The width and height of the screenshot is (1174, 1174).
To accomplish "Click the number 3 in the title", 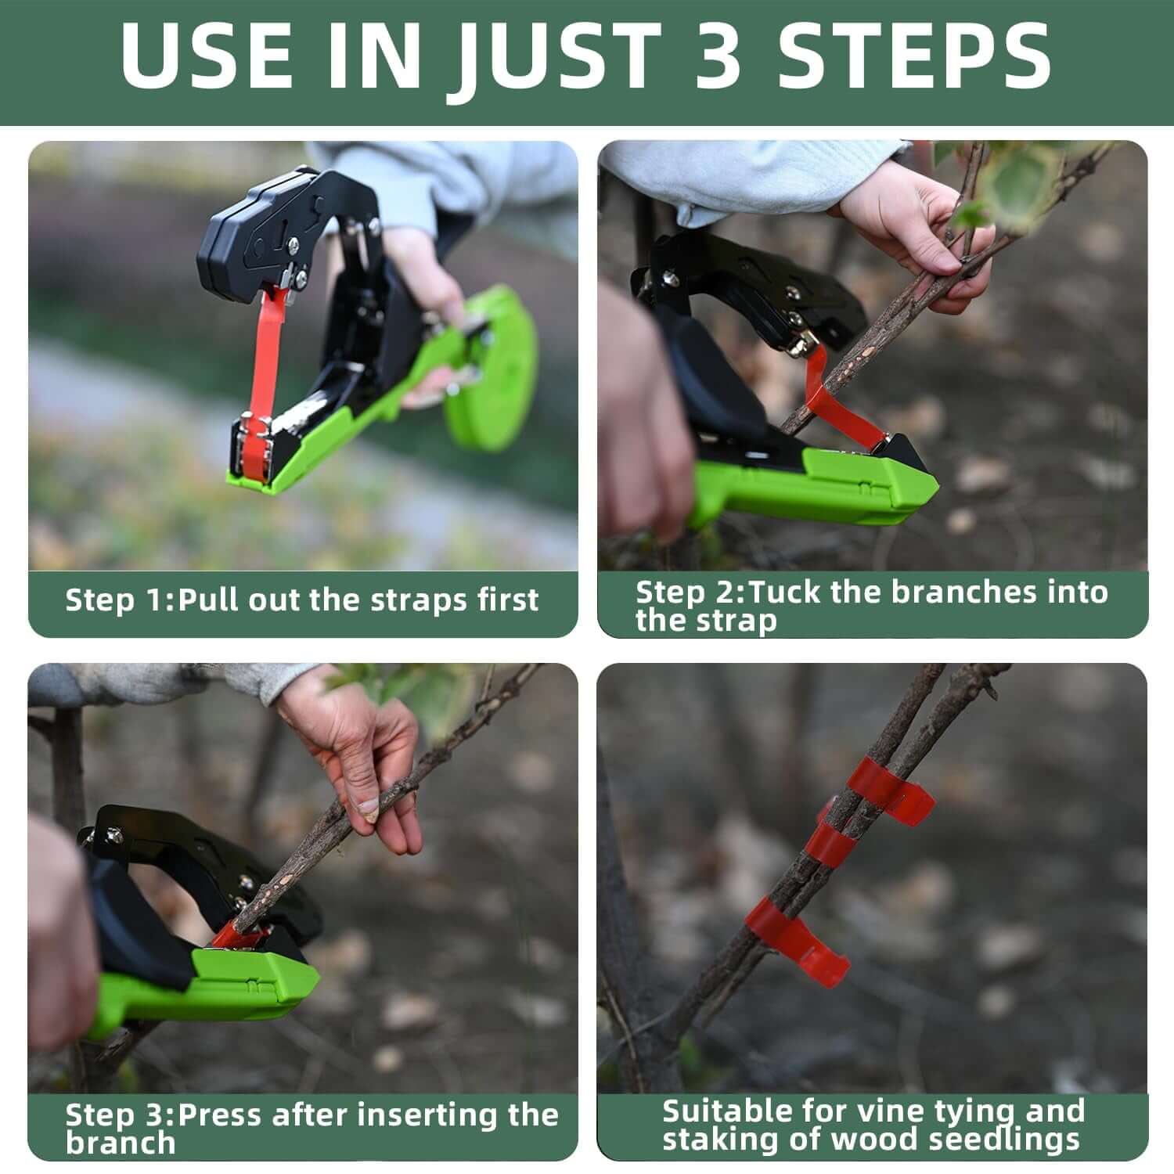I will [x=717, y=56].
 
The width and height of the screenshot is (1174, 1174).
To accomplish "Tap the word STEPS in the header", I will [x=913, y=56].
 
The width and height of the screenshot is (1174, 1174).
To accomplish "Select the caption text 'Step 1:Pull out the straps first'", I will [x=302, y=600].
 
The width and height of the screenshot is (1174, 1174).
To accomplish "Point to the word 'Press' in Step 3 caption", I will [x=226, y=1114].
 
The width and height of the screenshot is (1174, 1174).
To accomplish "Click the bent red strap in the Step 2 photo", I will [x=830, y=399].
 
